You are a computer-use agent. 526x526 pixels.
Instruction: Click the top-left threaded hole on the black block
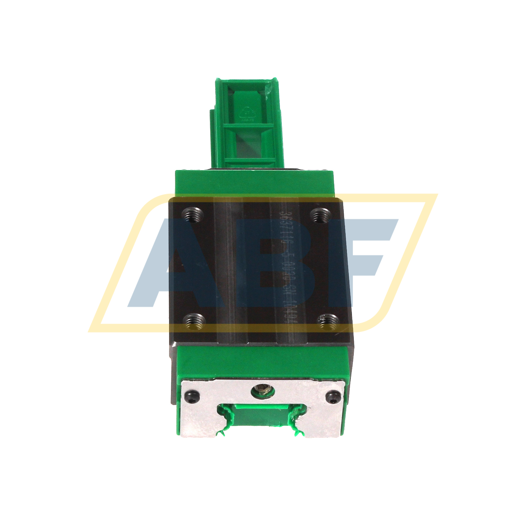(x=192, y=215)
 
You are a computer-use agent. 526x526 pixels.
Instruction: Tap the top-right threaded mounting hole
(x=321, y=216)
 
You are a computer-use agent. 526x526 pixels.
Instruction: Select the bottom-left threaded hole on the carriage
(x=194, y=322)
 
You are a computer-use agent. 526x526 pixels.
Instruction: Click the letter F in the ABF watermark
(x=371, y=261)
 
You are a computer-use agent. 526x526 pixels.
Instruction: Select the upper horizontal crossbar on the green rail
(x=248, y=127)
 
